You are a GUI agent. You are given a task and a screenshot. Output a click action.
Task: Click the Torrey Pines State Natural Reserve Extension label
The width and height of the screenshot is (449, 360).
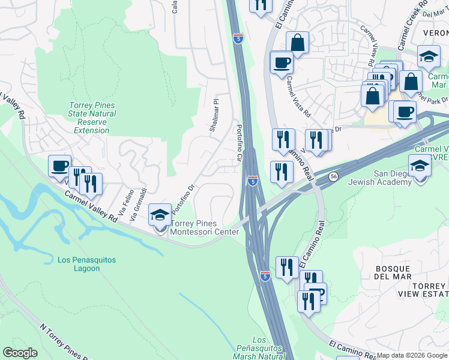[x=92, y=118]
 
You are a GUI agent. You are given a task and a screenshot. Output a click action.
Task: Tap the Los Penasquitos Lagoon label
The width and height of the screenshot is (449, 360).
[x=86, y=264]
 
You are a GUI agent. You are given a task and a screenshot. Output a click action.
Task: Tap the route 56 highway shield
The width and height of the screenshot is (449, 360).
[x=333, y=176]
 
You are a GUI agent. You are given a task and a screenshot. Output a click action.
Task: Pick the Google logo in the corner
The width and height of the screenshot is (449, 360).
[x=20, y=353]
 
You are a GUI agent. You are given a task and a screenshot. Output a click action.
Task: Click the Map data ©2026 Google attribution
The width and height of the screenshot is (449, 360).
[x=412, y=355]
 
